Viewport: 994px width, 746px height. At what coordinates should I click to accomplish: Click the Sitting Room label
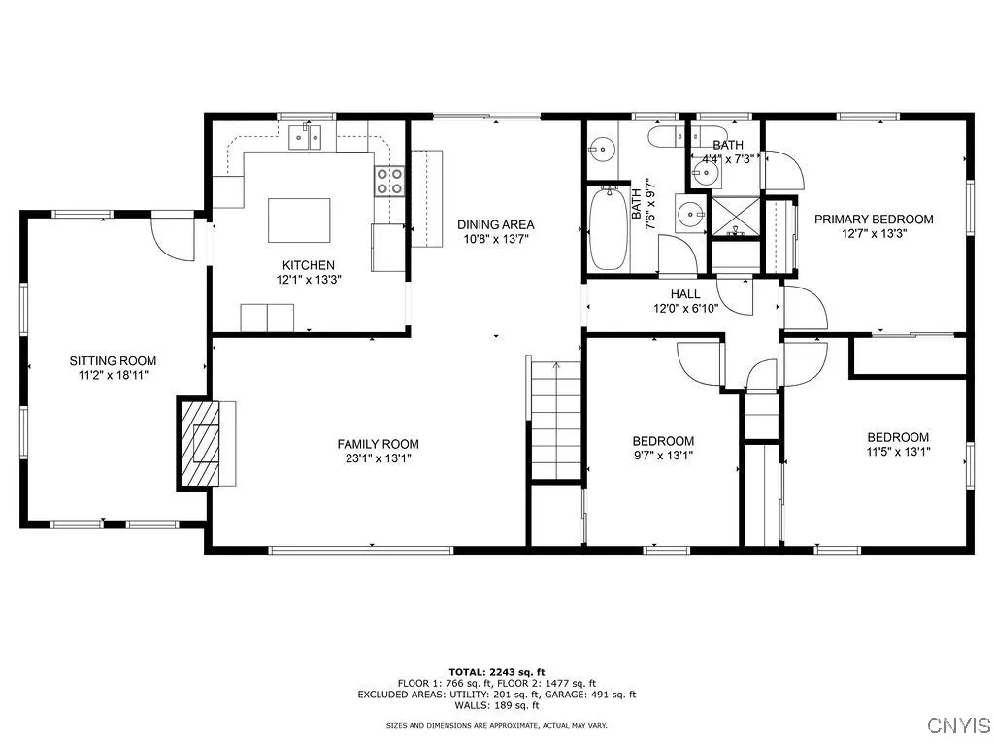click(x=112, y=360)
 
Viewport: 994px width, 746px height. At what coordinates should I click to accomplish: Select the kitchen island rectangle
click(x=299, y=220)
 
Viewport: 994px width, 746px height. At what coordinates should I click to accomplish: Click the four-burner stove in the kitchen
click(x=390, y=181)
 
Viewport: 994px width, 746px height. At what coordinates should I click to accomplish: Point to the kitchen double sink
click(x=309, y=137)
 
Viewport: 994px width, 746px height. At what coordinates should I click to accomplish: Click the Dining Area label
click(x=496, y=224)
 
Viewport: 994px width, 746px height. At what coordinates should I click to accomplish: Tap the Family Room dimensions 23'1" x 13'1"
click(x=380, y=458)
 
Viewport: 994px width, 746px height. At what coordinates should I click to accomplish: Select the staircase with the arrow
click(x=556, y=418)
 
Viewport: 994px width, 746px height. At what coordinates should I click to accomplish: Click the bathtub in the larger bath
click(x=609, y=228)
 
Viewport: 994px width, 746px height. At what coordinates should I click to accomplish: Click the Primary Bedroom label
click(x=874, y=219)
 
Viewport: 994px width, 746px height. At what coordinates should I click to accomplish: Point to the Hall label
click(x=684, y=293)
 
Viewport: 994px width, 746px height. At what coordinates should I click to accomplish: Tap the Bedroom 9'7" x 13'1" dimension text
click(x=665, y=454)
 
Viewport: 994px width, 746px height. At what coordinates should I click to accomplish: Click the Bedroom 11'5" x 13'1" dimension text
click(x=898, y=451)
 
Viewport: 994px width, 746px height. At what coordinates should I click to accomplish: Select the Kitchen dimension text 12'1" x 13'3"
click(x=309, y=279)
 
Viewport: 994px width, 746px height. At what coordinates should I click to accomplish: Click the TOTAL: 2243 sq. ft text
click(x=496, y=671)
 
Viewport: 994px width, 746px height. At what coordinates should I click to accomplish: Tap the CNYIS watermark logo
click(x=957, y=725)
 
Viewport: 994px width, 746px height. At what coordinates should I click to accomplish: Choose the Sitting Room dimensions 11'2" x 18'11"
click(x=112, y=374)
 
